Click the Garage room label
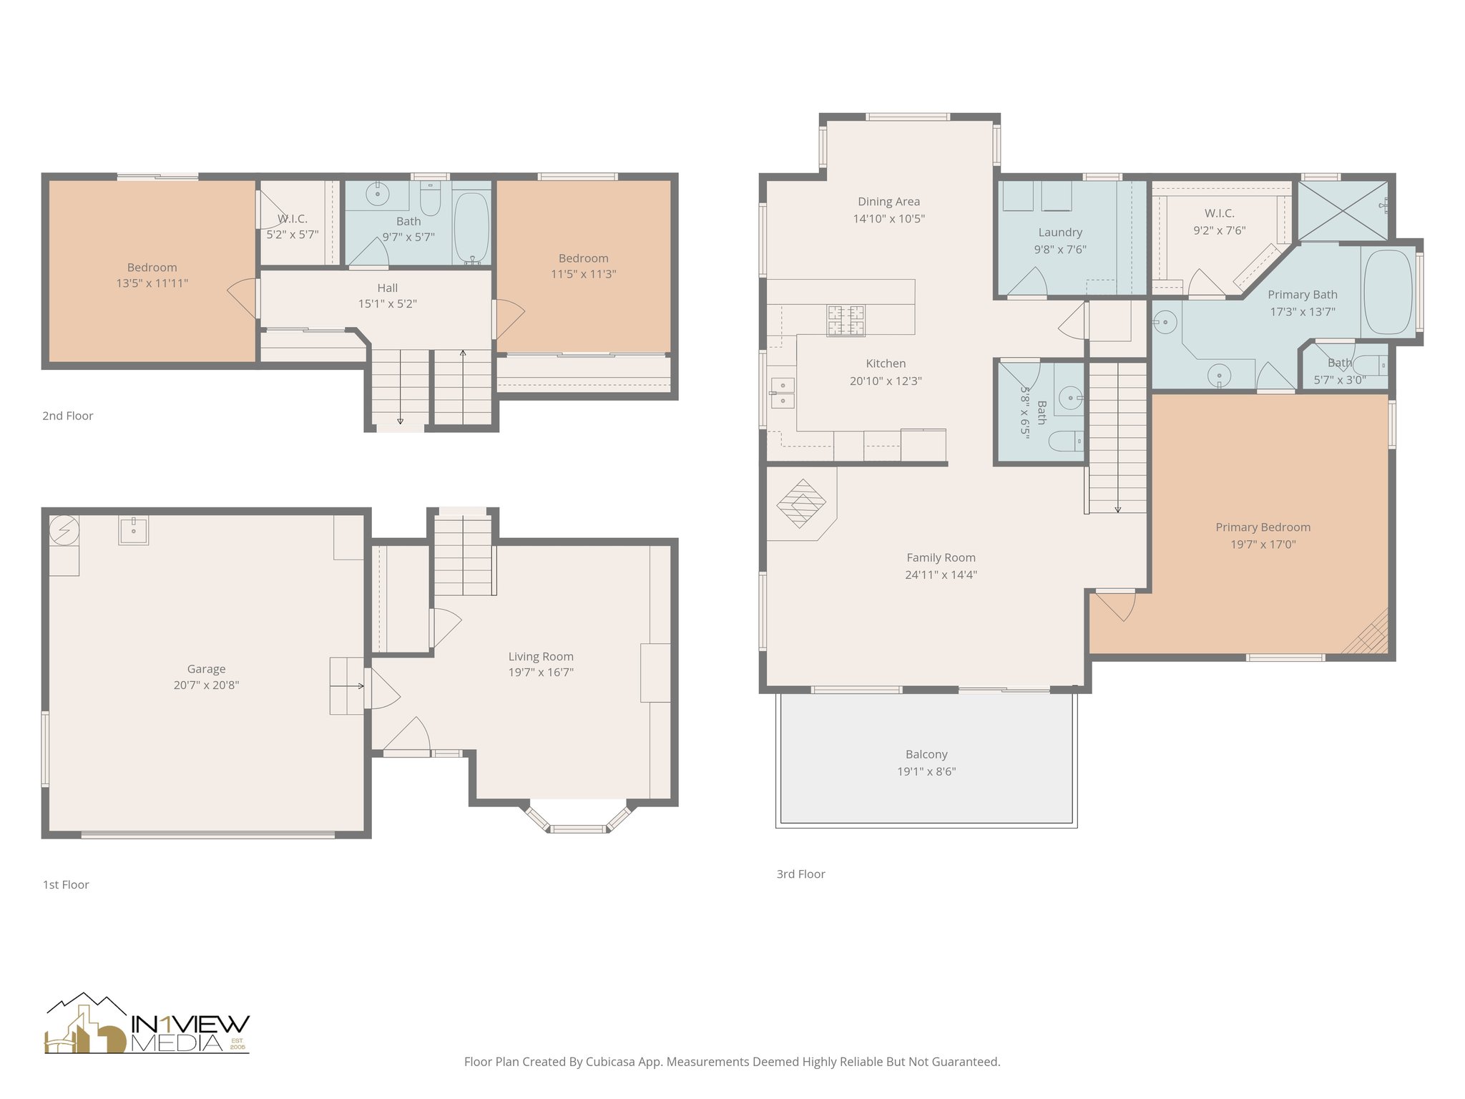[x=206, y=669]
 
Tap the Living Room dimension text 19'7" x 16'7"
[x=541, y=673]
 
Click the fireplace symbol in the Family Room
[x=801, y=504]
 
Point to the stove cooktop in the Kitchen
[x=846, y=321]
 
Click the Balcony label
[x=926, y=754]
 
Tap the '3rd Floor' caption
[x=800, y=874]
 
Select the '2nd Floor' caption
[x=67, y=416]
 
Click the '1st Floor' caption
[x=66, y=884]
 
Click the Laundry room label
[x=1059, y=233]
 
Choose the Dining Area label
[x=888, y=202]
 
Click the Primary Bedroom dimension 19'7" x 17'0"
[x=1263, y=544]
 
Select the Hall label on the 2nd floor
[x=387, y=288]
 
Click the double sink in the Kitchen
[x=782, y=393]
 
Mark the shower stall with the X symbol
[x=1343, y=210]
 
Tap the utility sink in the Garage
[x=134, y=530]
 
